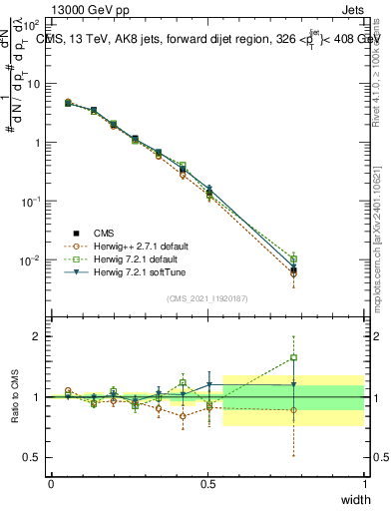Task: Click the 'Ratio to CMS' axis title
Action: click(x=15, y=397)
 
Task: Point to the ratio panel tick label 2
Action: click(x=36, y=336)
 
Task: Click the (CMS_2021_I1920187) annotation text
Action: click(x=207, y=297)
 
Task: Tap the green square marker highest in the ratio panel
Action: click(x=293, y=357)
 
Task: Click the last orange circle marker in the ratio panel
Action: click(x=293, y=410)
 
